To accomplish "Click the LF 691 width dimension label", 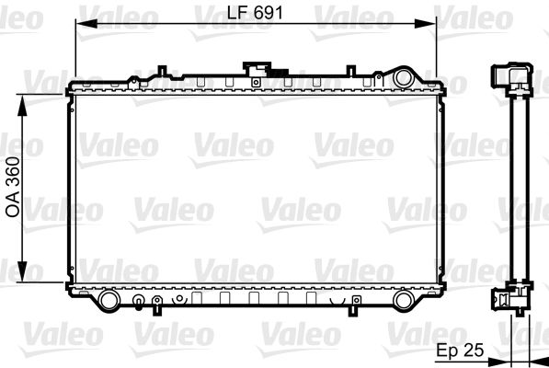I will click(256, 12).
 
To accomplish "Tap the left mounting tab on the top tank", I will click(162, 70).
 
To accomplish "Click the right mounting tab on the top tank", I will click(349, 70).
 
